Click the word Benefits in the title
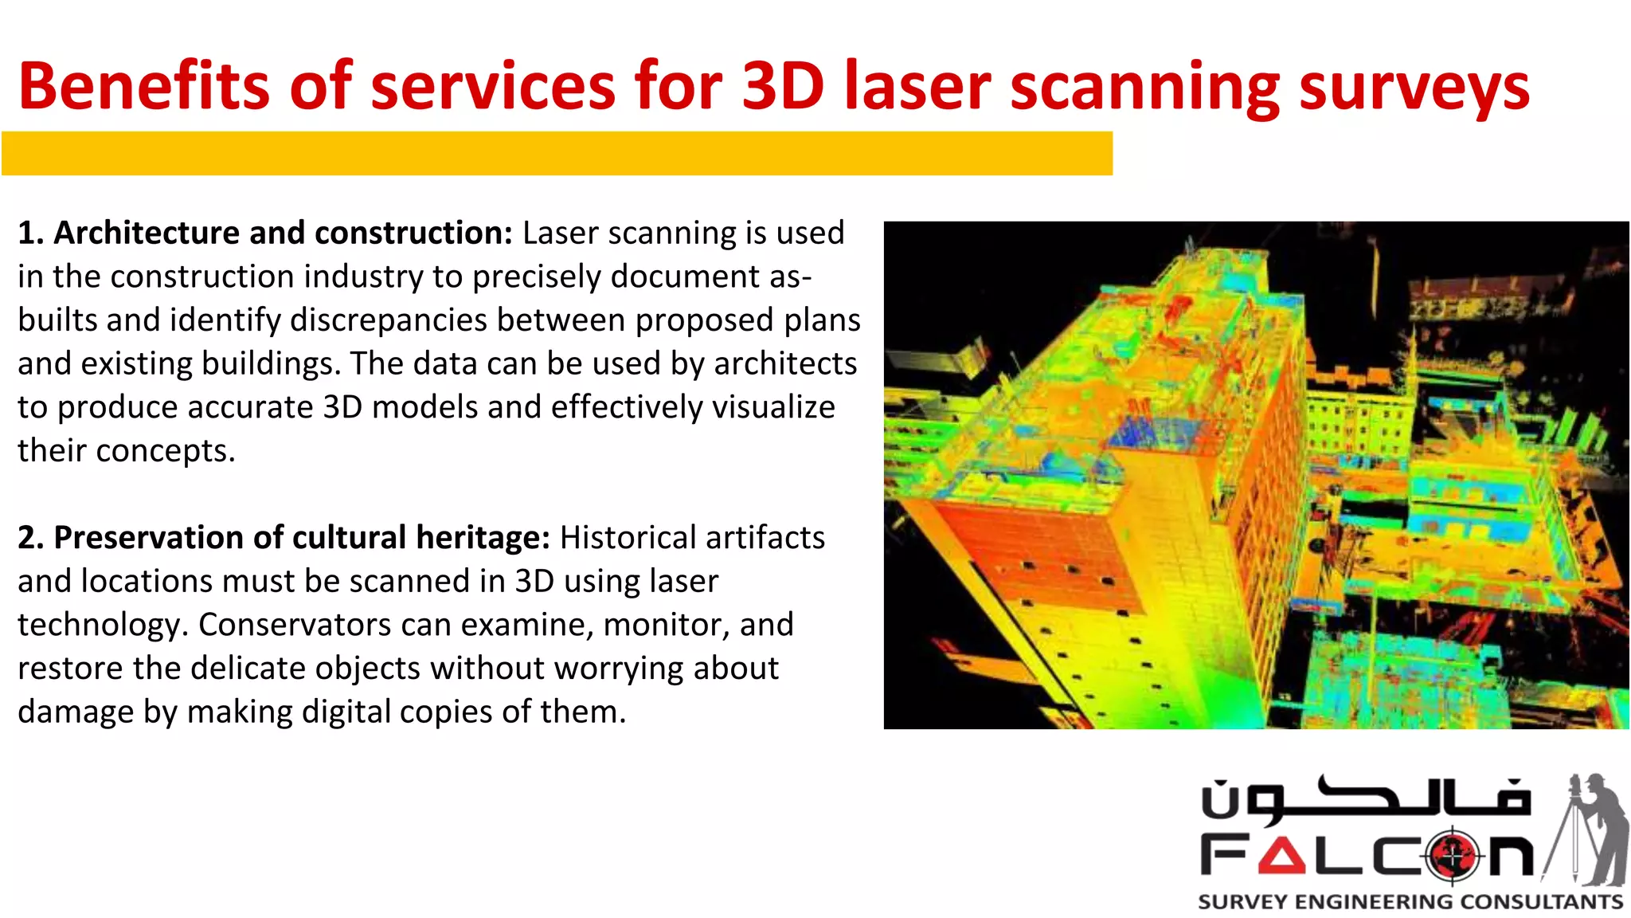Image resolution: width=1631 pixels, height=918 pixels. tap(144, 85)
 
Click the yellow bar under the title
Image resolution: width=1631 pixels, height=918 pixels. tap(557, 153)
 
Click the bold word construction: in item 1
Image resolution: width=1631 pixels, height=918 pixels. tap(413, 233)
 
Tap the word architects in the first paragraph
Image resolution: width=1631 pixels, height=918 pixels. tap(784, 363)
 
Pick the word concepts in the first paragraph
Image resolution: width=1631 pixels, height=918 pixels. tap(165, 451)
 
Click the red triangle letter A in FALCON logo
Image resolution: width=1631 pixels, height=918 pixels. tap(1281, 856)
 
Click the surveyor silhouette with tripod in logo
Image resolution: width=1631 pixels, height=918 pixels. tap(1589, 829)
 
